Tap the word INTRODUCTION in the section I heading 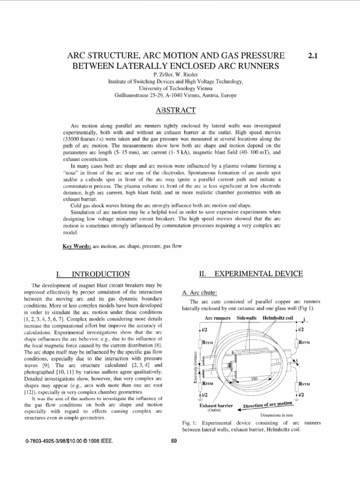click(99, 274)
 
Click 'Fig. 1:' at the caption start click(189, 423)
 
